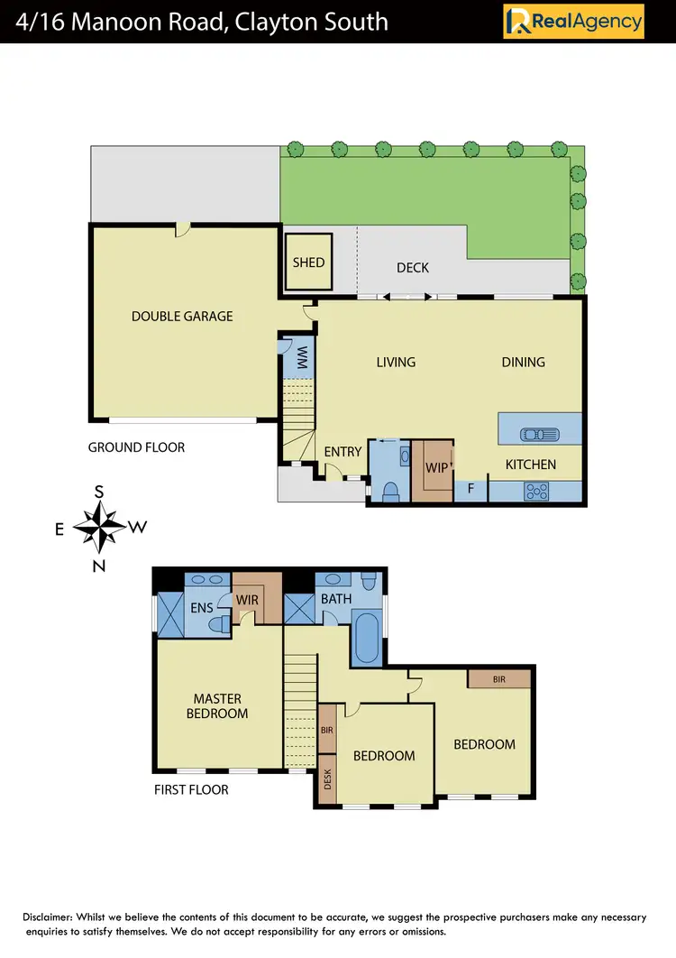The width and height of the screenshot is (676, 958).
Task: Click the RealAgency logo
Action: click(574, 21)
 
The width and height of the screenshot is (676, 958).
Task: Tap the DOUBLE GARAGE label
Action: click(182, 316)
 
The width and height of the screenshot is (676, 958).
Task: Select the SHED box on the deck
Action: click(308, 263)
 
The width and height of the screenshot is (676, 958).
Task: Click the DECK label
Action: click(413, 267)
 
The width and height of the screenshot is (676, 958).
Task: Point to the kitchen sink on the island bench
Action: click(538, 434)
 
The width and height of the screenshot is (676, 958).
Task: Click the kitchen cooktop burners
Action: click(537, 491)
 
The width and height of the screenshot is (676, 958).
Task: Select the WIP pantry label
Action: click(436, 468)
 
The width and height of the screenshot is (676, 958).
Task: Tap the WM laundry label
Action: click(302, 357)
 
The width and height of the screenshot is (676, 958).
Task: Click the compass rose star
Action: click(99, 528)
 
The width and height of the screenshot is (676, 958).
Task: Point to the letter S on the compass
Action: click(99, 492)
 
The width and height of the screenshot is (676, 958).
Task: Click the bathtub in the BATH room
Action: click(366, 639)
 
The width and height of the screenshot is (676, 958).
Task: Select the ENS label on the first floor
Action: click(202, 607)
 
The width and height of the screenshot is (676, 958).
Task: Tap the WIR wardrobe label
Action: click(248, 600)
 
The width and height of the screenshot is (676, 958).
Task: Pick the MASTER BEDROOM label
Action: click(217, 705)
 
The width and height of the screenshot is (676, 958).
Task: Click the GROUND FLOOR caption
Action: click(136, 447)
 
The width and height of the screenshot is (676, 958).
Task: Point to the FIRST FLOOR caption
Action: click(190, 789)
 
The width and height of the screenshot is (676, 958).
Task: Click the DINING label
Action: click(523, 362)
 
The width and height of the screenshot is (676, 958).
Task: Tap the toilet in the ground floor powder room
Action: click(390, 491)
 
